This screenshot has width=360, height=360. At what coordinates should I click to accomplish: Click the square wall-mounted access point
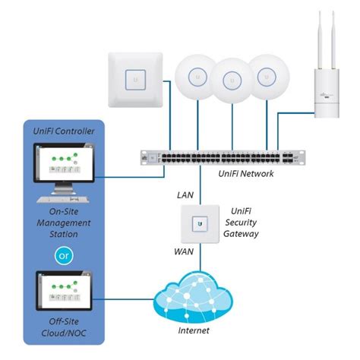coord(137,77)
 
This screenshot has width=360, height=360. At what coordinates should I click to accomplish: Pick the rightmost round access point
coord(265,76)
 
